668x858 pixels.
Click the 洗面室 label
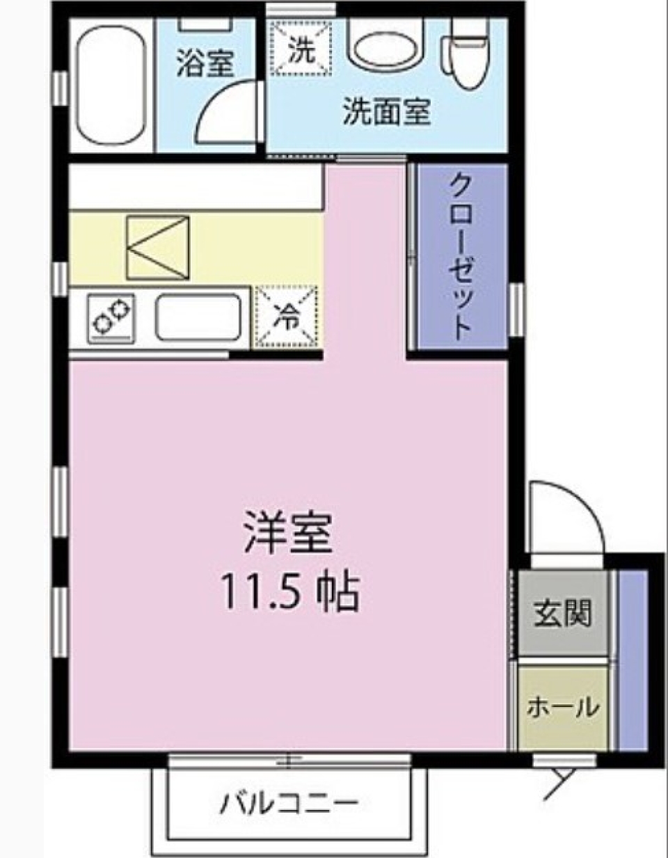(x=386, y=111)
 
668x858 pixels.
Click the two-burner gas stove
(x=112, y=317)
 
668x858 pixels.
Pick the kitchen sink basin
(x=198, y=317)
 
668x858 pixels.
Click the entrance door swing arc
(x=571, y=511)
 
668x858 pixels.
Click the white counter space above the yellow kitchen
(x=195, y=189)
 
